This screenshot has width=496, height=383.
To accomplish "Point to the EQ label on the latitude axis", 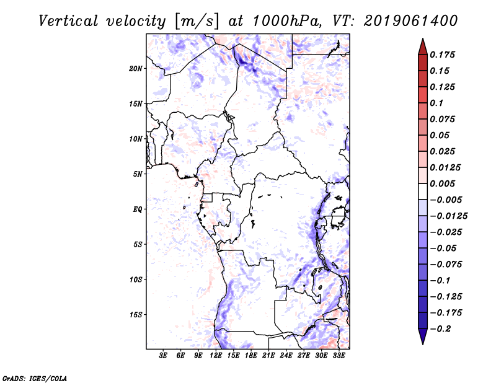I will point(138,209).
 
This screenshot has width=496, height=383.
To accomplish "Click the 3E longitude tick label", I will point(164,356).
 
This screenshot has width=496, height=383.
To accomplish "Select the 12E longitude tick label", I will point(216,356).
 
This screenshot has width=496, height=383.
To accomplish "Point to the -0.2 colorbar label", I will point(441,329).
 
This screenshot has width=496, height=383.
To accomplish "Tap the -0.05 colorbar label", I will point(443,249).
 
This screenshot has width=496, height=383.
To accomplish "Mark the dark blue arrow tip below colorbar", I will point(422,339).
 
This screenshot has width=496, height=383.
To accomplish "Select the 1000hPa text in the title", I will point(285,20).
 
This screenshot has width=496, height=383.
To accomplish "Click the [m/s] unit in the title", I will point(197,21).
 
